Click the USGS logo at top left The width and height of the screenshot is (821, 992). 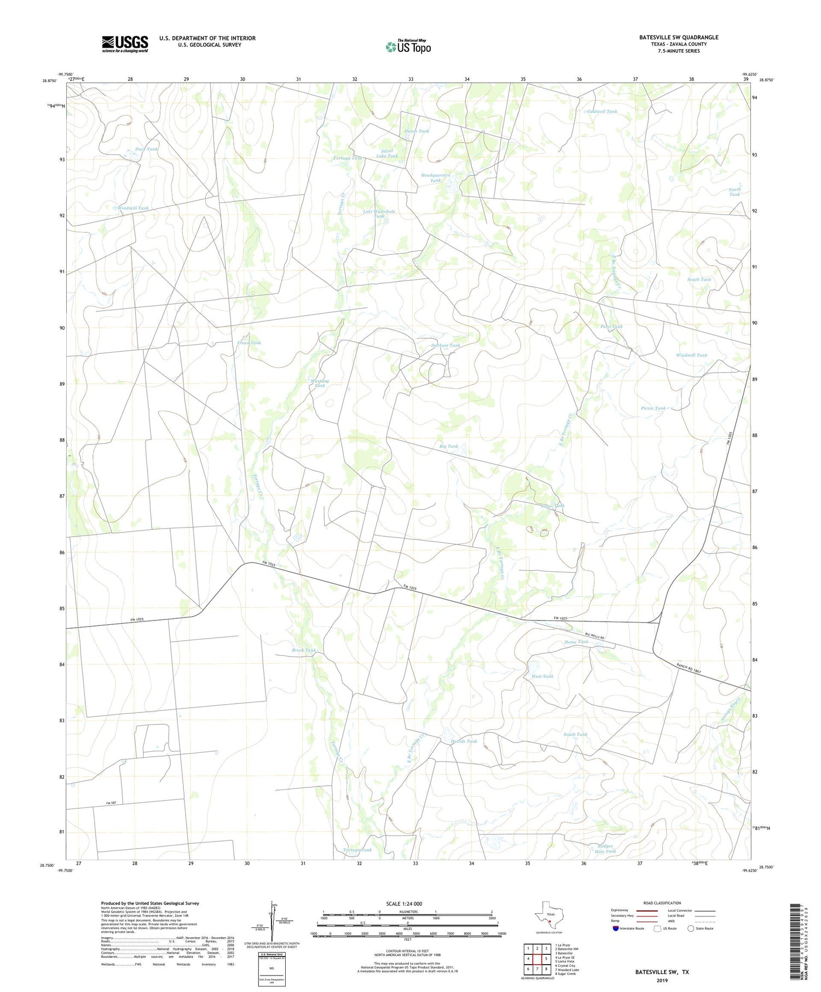click(x=125, y=44)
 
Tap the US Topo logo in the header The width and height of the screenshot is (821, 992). click(x=408, y=47)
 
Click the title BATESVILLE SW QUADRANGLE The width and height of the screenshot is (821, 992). click(x=678, y=37)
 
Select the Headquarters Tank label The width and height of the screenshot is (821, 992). click(x=435, y=178)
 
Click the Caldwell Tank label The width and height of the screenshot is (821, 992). click(x=602, y=111)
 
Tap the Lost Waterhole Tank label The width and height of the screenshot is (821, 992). click(x=379, y=213)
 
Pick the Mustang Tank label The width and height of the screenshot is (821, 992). click(x=320, y=383)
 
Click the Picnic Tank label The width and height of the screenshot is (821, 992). click(x=653, y=408)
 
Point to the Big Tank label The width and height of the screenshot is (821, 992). click(x=449, y=446)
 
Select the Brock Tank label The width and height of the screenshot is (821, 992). click(x=304, y=650)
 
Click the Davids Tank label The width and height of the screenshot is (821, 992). click(x=464, y=741)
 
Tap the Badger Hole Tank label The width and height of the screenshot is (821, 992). click(x=605, y=849)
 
